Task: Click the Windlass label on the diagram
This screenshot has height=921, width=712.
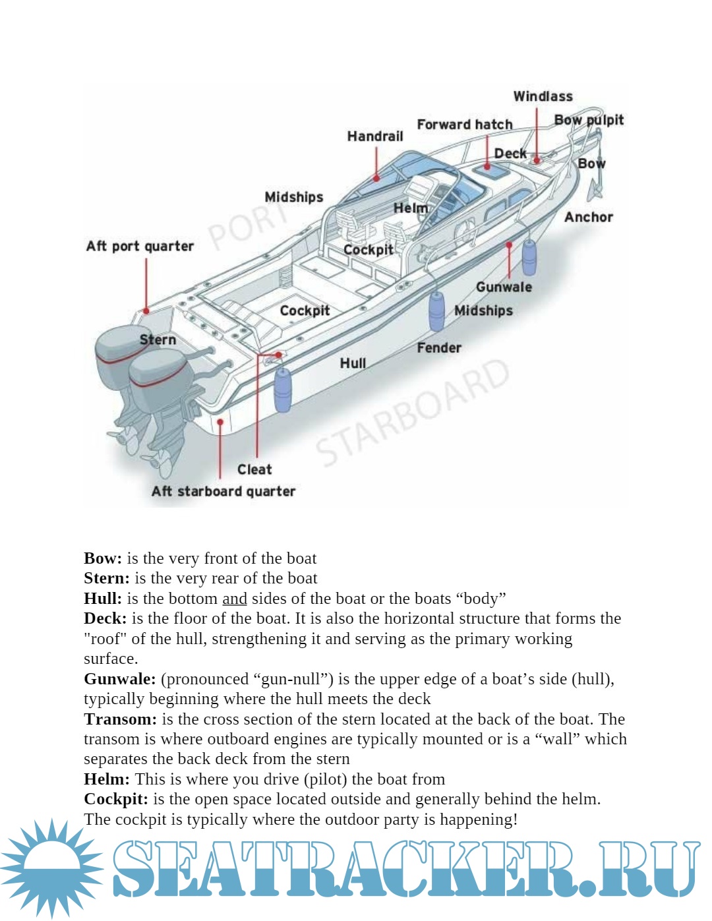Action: pyautogui.click(x=543, y=96)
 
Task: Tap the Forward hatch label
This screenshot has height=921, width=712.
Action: pyautogui.click(x=464, y=125)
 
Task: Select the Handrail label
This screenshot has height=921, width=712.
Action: pyautogui.click(x=375, y=136)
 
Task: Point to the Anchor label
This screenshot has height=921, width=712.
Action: pyautogui.click(x=588, y=217)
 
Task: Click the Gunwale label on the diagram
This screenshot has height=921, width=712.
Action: pyautogui.click(x=504, y=287)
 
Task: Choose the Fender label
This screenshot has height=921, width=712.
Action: pyautogui.click(x=438, y=347)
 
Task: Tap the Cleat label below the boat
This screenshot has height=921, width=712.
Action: pyautogui.click(x=254, y=469)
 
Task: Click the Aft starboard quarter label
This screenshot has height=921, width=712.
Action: pyautogui.click(x=223, y=491)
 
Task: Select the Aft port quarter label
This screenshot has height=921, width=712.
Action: pyautogui.click(x=140, y=246)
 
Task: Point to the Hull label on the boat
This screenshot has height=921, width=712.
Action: pyautogui.click(x=353, y=363)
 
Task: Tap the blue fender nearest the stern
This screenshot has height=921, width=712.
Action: pyautogui.click(x=282, y=390)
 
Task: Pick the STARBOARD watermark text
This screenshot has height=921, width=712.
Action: pyautogui.click(x=414, y=412)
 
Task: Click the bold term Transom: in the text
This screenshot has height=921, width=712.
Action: pyautogui.click(x=120, y=719)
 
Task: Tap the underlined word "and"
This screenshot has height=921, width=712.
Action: pyautogui.click(x=234, y=599)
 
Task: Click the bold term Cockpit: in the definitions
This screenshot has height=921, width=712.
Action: pyautogui.click(x=116, y=799)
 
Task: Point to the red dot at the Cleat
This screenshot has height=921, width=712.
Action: pyautogui.click(x=279, y=355)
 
